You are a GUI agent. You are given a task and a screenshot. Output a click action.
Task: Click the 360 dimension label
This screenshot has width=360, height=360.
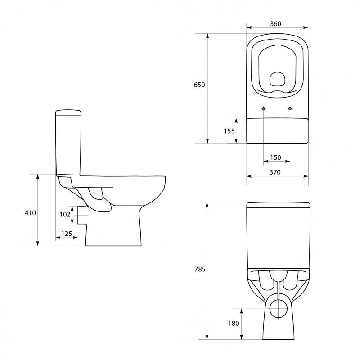tap(277, 24)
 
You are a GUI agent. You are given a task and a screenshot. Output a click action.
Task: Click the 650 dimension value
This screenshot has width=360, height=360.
tap(199, 85)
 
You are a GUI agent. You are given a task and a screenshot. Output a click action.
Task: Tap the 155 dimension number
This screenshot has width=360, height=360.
tap(229, 131)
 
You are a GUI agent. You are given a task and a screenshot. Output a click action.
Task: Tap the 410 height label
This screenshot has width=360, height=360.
tap(30, 212)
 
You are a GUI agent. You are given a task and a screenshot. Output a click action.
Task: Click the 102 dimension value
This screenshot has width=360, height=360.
tap(65, 214)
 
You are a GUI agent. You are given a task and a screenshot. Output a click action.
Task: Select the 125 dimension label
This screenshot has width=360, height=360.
tap(67, 233)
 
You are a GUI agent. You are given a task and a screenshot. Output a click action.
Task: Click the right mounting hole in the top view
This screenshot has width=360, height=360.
tap(290, 108)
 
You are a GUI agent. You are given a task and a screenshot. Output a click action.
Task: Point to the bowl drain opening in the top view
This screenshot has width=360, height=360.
tap(277, 80)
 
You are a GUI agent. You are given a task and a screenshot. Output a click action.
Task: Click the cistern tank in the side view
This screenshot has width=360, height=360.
tap(68, 142)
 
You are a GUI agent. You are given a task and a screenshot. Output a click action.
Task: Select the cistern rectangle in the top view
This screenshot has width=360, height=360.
tap(277, 130)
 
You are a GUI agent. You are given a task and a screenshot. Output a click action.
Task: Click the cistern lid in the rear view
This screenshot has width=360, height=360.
tap(278, 206)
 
